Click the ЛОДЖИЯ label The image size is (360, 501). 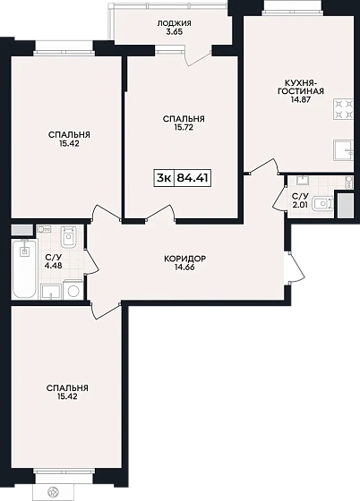click(175, 23)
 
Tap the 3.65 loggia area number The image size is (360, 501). click(175, 31)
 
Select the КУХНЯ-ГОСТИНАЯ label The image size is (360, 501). click(301, 87)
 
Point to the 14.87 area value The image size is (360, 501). click(301, 99)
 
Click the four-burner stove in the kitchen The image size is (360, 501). click(343, 109)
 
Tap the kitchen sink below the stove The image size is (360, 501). click(343, 150)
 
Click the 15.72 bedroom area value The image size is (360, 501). click(184, 127)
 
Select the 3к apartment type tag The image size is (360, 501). click(164, 178)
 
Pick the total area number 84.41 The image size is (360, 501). click(193, 178)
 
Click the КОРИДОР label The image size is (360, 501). click(184, 259)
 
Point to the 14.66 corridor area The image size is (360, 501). click(184, 267)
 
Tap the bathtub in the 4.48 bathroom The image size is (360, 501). click(24, 269)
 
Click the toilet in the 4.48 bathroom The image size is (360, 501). click(69, 237)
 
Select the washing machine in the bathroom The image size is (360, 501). click(73, 290)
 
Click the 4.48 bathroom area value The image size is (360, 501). click(53, 265)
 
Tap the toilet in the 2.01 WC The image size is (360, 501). click(322, 204)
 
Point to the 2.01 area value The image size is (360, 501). click(300, 205)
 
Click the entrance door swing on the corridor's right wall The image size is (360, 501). click(296, 267)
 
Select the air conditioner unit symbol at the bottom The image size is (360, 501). click(54, 491)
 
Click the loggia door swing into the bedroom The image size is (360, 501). click(198, 57)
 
